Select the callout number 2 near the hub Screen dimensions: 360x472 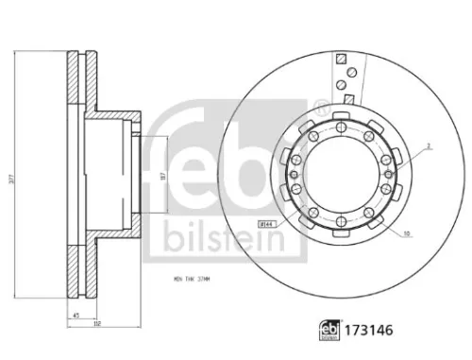pyautogui.click(x=427, y=147)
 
